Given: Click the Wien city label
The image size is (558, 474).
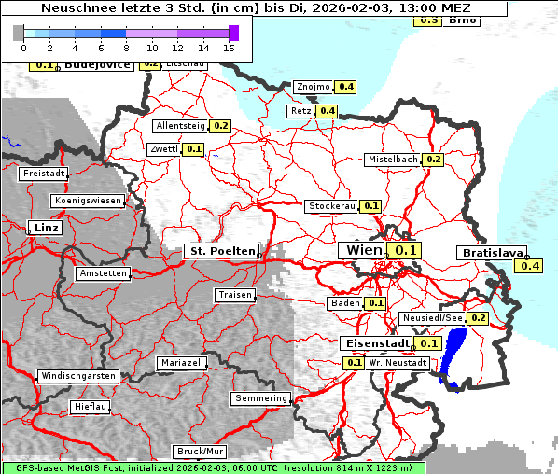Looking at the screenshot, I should point(363,250).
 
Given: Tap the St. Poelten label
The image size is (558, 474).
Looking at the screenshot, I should point(220,251).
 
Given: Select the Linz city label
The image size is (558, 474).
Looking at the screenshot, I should point(44,228).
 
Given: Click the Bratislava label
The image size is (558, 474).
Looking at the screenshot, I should point(491,253).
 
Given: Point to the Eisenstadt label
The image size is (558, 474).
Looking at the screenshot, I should point(375,343).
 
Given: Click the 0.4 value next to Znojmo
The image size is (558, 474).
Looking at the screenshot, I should point(345,87).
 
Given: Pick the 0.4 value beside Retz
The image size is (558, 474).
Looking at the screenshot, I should point(327,111).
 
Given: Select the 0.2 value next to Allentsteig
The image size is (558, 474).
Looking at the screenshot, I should point(220,126).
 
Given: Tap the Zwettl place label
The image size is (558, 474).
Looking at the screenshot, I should point(162,149).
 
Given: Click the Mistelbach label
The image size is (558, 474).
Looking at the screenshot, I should point(393,160).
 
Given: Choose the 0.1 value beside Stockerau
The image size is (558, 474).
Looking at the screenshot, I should point(370,206).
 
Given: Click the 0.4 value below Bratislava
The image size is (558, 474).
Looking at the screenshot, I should point(529,267).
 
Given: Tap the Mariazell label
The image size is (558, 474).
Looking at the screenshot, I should point(181,362).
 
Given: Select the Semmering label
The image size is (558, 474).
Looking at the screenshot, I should point(260,398).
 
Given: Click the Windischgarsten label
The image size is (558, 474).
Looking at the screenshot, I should point(77,376).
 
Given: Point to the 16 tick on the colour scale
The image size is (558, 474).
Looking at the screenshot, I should point(230,47).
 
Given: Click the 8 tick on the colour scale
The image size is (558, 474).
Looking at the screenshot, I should point(126,47).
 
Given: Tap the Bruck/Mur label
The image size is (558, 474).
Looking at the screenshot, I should point(200,452).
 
